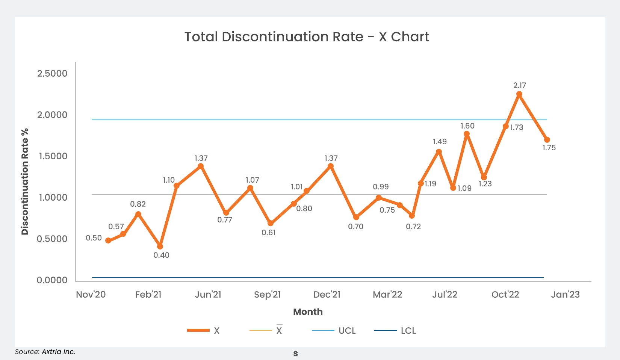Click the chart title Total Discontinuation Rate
307,37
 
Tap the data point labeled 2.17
519,94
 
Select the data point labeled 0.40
160,247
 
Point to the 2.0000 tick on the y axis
52,115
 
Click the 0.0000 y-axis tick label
52,280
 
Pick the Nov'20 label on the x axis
91,295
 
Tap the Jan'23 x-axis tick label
565,295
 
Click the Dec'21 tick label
327,295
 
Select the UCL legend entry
347,331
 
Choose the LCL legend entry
408,331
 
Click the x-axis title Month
308,312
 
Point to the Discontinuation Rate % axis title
25,182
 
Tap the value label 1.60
467,126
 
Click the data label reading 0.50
94,238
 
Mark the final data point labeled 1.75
547,140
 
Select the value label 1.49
440,142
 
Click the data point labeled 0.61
271,223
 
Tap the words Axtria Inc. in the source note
58,352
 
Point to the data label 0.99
381,187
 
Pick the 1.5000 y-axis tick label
52,156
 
